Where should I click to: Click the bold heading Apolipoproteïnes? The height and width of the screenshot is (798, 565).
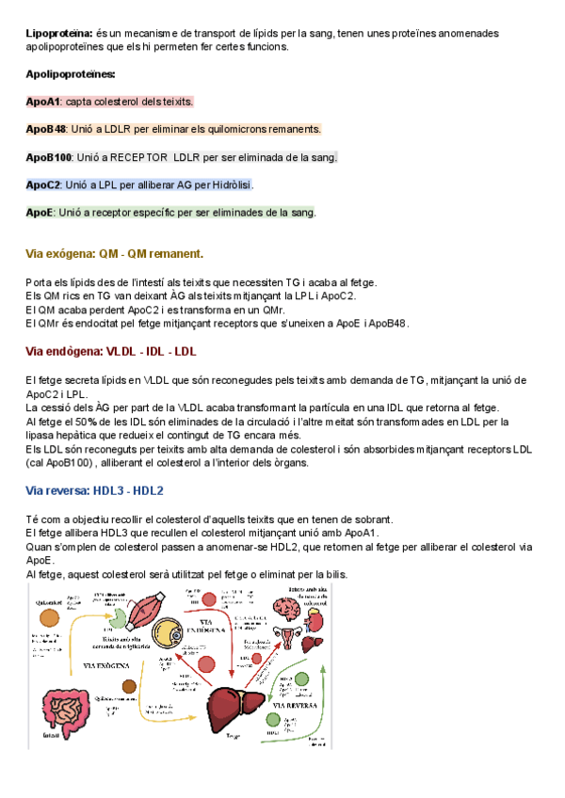click(71, 73)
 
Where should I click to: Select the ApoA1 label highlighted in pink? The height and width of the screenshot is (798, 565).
click(43, 102)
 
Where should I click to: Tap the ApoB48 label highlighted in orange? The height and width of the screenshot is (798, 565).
click(46, 129)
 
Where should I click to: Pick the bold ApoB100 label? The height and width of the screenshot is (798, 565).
click(49, 157)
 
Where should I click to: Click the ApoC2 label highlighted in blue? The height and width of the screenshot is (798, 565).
click(43, 184)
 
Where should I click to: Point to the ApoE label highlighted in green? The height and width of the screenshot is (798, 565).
click(40, 213)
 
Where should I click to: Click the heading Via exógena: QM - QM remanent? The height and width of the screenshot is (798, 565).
click(115, 254)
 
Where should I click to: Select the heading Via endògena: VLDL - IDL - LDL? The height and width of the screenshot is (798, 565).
click(111, 352)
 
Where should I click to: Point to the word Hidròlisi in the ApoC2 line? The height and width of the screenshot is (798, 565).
click(231, 184)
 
